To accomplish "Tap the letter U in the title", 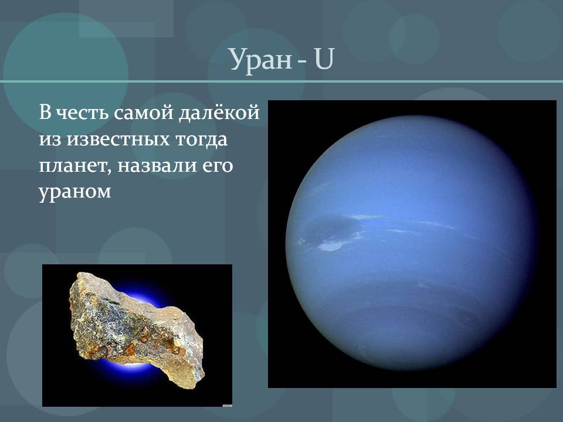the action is click(x=324, y=59).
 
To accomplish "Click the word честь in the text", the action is click(x=83, y=113).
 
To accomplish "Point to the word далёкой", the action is click(x=219, y=112).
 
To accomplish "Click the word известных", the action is click(x=118, y=139).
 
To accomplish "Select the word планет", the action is click(x=74, y=166).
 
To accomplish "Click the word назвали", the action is click(x=157, y=165).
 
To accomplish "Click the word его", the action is click(x=218, y=166).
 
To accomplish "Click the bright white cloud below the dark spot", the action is click(x=330, y=247).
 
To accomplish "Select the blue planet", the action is click(x=412, y=243).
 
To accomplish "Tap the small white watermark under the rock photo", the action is click(x=227, y=405).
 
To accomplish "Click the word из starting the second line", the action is click(x=50, y=139).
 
